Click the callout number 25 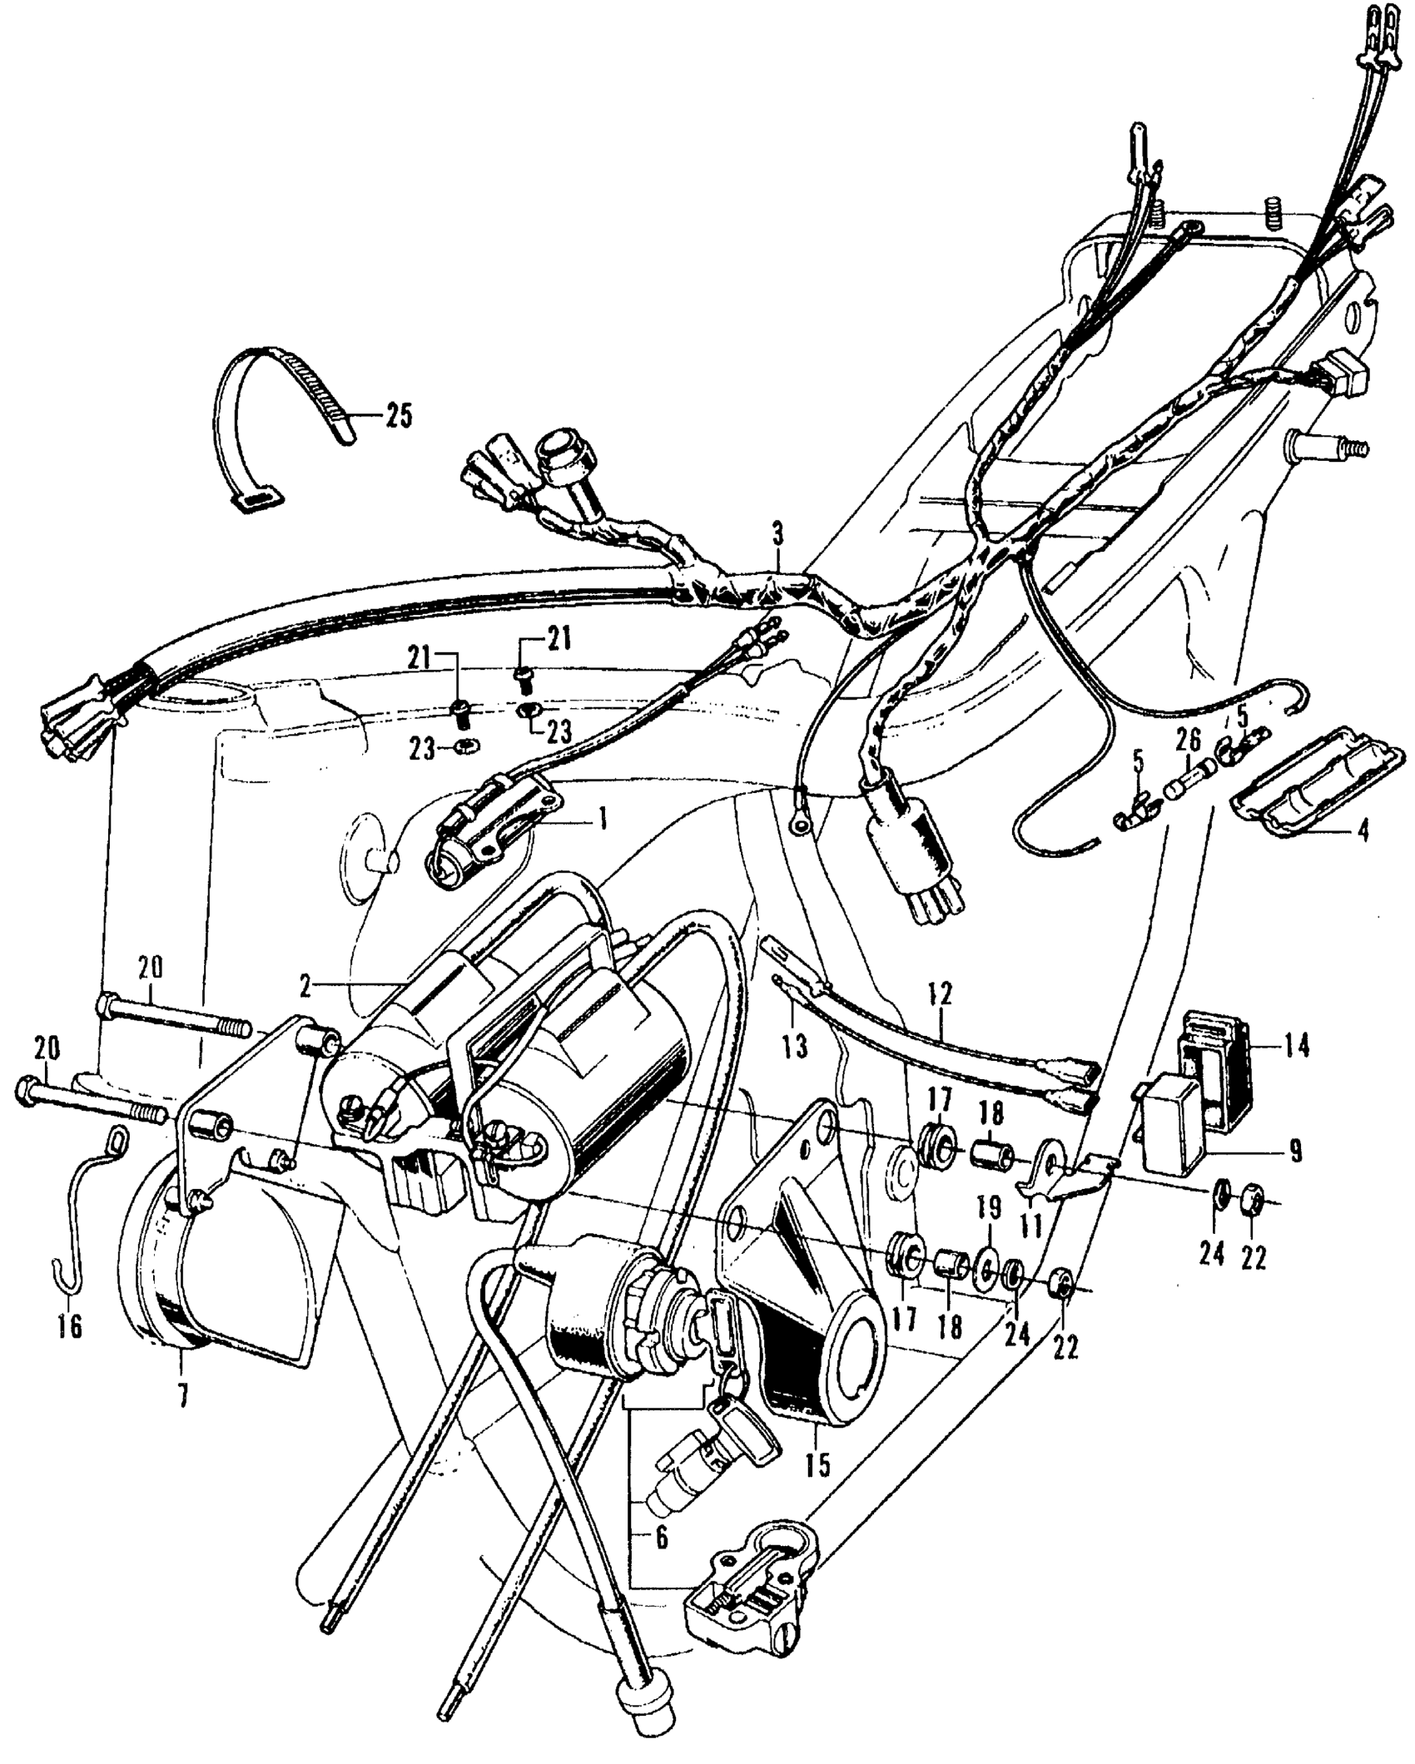[x=398, y=414]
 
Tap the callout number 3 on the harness [x=777, y=534]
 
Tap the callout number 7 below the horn [x=182, y=1393]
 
